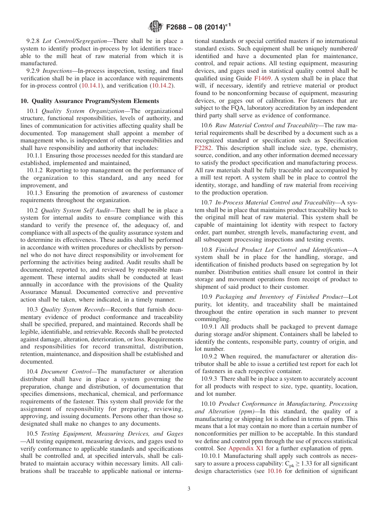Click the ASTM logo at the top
click(155, 27)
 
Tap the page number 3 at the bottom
click(189, 489)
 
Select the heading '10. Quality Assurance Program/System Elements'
click(90, 101)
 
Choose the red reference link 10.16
click(274, 471)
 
